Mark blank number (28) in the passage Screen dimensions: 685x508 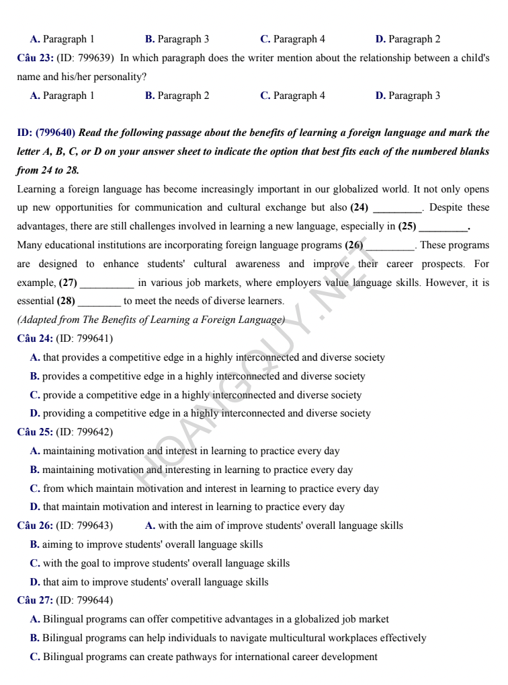(66, 302)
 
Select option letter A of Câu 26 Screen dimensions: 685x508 (150, 526)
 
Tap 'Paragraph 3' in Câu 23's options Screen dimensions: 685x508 (414, 96)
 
